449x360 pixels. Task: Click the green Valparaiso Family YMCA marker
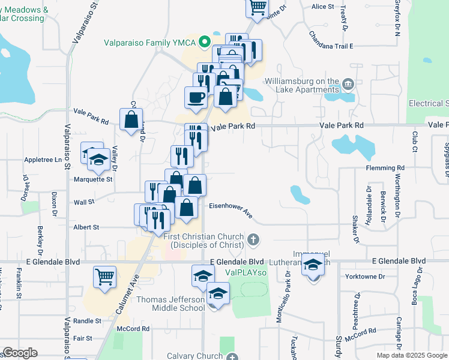(204, 41)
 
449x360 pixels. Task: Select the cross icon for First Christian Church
(253, 241)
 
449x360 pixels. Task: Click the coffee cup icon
(196, 97)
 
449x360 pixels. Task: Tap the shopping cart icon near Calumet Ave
(104, 277)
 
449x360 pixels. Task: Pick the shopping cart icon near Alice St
(257, 7)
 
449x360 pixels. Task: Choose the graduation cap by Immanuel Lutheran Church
(313, 265)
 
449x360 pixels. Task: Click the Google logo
(20, 353)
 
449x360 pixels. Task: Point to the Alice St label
(322, 7)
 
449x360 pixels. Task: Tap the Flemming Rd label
(385, 169)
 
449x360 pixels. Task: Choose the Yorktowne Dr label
(365, 277)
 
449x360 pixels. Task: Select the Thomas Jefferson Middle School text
(170, 304)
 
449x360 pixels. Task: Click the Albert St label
(86, 227)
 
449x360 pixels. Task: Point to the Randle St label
(87, 321)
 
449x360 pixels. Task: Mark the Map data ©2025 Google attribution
(411, 355)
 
